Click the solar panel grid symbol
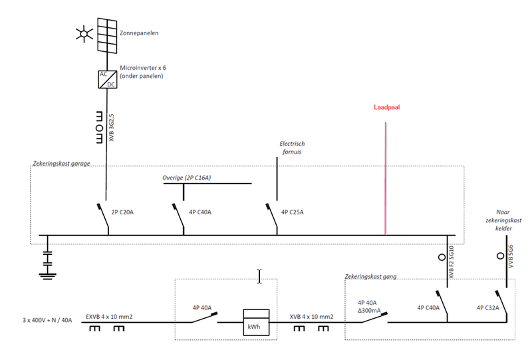click(106, 35)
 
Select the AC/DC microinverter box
click(106, 79)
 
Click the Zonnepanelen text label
click(139, 32)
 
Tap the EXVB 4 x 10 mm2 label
click(110, 316)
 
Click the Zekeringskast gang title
click(370, 276)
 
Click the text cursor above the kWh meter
click(259, 276)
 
